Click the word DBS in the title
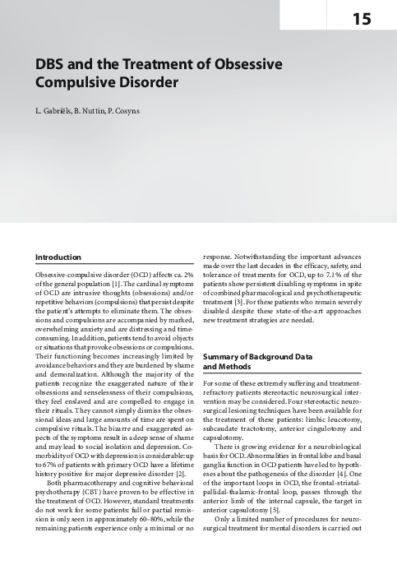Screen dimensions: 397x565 pyautogui.click(x=48, y=64)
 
